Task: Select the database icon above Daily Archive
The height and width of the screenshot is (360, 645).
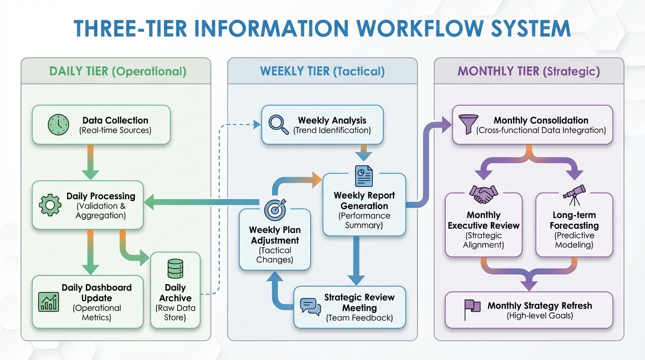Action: coord(175,269)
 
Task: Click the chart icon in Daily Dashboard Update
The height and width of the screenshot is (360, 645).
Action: coord(48,300)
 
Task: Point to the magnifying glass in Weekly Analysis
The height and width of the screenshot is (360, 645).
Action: coord(278,125)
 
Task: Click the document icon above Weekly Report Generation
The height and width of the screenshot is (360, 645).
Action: coord(364,177)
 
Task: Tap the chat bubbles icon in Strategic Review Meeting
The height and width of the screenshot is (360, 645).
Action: coord(311,307)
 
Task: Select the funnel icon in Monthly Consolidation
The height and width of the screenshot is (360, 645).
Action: coord(466,125)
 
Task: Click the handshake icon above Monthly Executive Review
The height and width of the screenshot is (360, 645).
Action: coord(483,194)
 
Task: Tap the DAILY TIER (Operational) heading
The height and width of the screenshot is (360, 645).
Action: coord(118,71)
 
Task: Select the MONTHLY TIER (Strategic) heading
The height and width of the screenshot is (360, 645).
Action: coord(529,71)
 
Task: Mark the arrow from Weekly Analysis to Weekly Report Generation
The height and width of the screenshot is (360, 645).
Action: coord(363,153)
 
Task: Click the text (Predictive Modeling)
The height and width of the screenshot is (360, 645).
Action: coord(574,240)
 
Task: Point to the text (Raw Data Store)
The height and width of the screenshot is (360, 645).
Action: coord(175,313)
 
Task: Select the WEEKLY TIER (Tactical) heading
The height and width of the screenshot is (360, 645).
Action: coord(322,71)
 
